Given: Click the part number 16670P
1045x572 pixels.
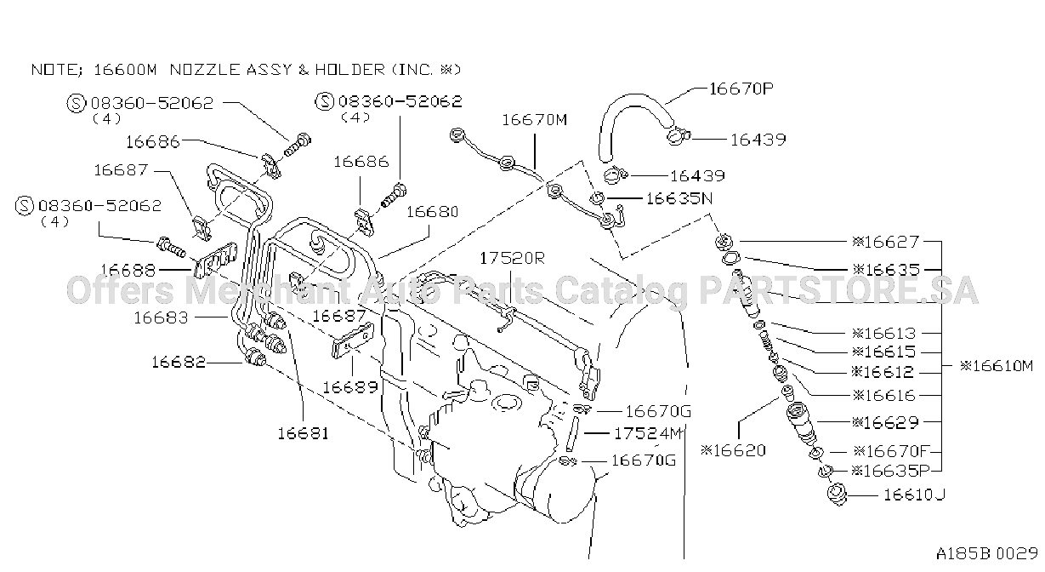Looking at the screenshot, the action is [741, 89].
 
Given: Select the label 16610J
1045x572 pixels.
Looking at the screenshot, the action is [914, 495].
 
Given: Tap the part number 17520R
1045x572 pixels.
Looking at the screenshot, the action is [512, 258].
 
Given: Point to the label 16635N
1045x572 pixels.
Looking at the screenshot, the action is [679, 198].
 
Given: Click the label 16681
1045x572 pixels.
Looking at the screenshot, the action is [304, 434].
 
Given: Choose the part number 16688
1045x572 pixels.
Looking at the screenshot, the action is [128, 270].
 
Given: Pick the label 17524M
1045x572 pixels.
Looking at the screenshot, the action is [648, 433].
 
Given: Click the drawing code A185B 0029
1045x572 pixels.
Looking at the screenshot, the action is [987, 553].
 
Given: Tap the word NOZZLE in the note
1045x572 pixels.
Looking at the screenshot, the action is [205, 70].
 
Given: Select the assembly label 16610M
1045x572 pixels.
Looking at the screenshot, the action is [997, 366].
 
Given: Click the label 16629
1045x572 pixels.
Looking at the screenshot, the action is [885, 422].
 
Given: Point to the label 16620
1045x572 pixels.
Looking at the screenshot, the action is [733, 450].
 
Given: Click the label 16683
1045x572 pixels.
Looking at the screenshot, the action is [161, 318].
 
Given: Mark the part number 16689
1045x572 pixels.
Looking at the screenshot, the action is [349, 387].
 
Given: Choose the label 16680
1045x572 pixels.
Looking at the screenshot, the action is [433, 212].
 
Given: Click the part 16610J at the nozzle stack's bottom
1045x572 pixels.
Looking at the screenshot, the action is [837, 494].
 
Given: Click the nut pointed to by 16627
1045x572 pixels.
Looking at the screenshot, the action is [724, 242].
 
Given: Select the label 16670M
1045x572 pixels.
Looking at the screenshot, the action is [535, 120].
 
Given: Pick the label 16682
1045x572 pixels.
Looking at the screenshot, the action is [179, 363].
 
